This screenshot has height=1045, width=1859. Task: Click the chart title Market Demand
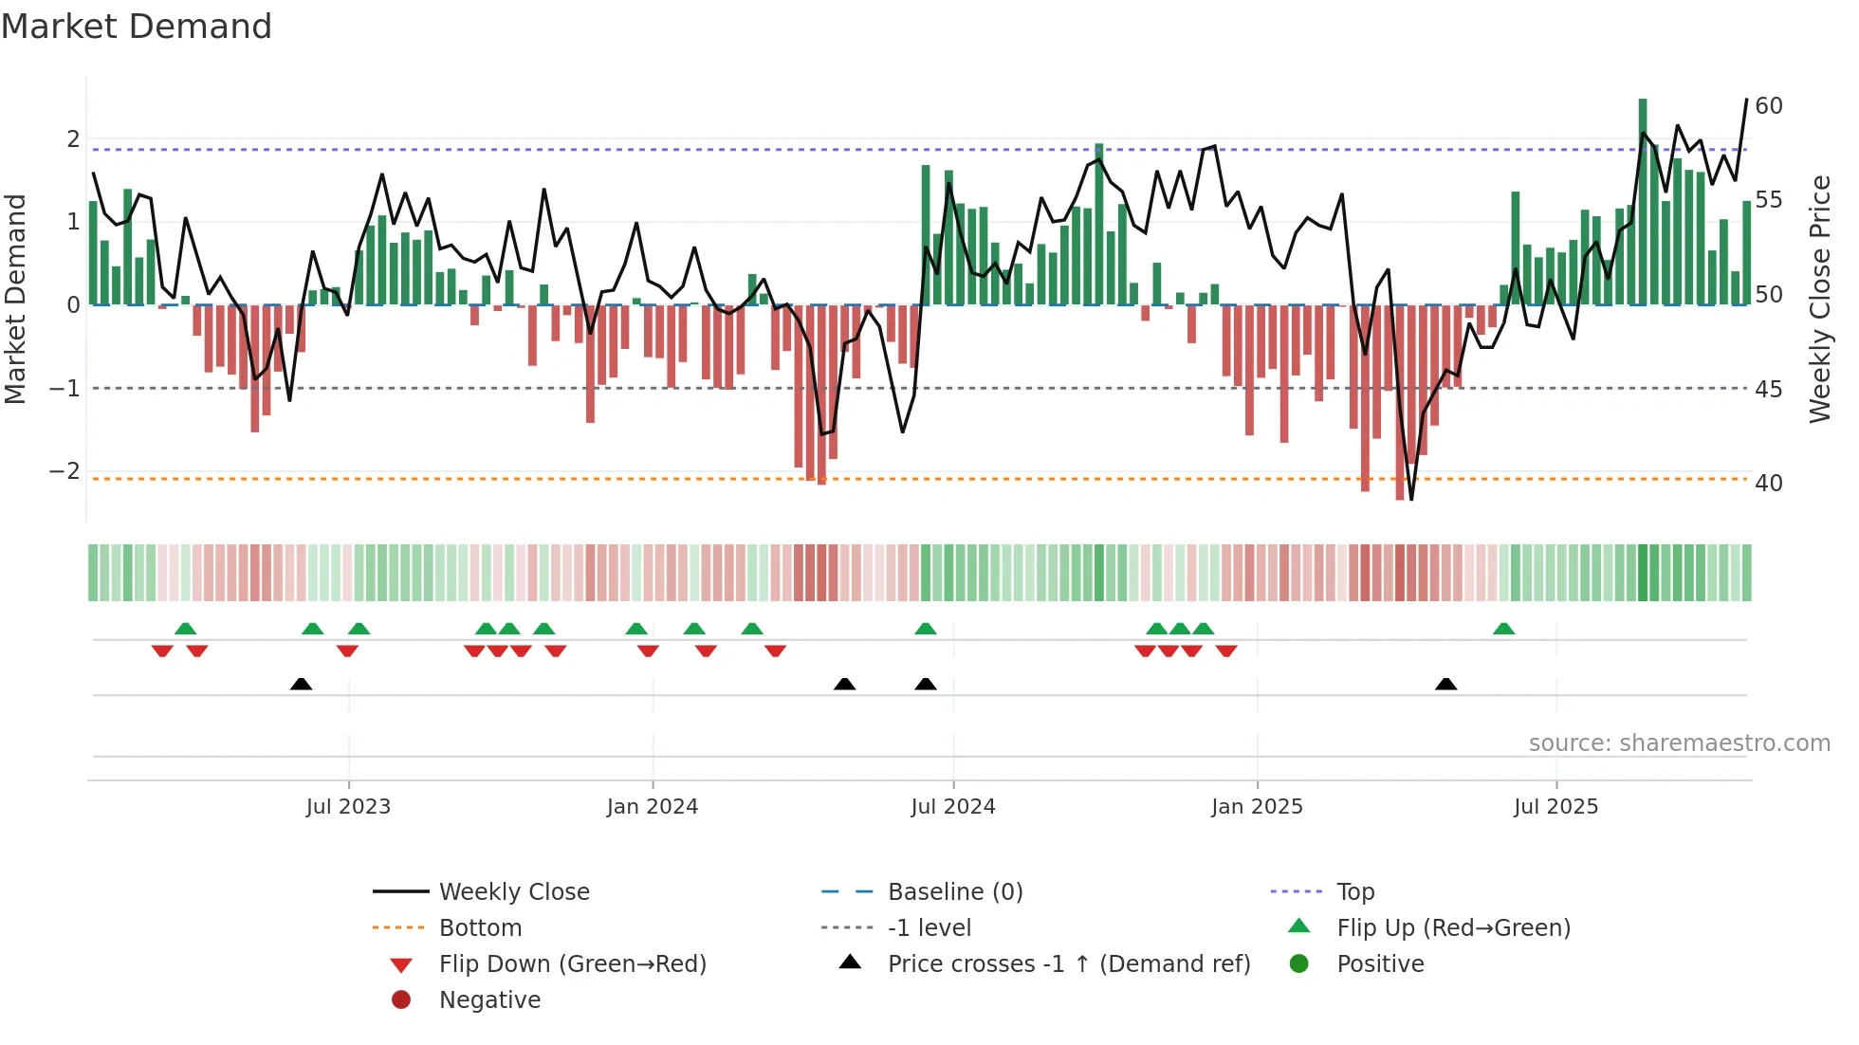[137, 27]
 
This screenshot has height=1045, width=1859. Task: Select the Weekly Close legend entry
[513, 891]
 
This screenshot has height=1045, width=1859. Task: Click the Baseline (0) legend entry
[954, 891]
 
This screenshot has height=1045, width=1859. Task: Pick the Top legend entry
[1354, 891]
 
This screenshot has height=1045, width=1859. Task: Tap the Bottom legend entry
[480, 927]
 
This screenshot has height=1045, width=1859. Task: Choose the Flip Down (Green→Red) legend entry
[572, 963]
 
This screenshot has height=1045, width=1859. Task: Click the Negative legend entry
[489, 999]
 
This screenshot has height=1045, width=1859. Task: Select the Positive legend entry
[1380, 963]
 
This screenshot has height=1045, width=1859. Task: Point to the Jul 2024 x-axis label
[952, 806]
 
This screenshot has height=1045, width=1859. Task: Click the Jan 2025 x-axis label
[1257, 806]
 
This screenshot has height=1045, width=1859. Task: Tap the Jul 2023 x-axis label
[348, 806]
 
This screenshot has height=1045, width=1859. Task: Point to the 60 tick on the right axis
[1768, 105]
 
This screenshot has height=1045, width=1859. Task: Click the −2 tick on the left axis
[64, 471]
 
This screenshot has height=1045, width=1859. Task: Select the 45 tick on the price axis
[1768, 389]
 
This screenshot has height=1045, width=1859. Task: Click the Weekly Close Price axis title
[1819, 299]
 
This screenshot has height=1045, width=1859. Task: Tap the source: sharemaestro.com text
[1679, 742]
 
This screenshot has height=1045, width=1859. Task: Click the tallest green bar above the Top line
[1643, 123]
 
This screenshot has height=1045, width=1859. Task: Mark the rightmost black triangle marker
[1445, 684]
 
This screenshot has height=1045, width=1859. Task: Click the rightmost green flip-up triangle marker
[1503, 629]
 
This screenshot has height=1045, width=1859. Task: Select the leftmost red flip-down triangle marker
[162, 651]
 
